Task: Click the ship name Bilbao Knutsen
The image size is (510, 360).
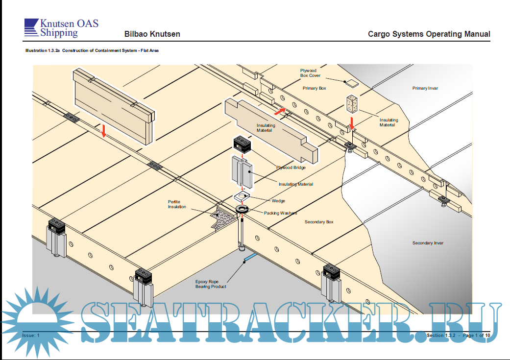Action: tap(152, 34)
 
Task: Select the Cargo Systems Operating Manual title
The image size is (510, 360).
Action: tap(429, 34)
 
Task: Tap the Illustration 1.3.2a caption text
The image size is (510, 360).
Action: tap(92, 51)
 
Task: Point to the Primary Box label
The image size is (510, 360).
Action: tap(314, 88)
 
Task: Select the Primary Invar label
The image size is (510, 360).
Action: tap(425, 88)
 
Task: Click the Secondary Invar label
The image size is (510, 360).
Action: tap(428, 243)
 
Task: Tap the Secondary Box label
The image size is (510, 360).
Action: tap(319, 222)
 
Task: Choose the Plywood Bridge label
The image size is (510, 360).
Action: tap(291, 168)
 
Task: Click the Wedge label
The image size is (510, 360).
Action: tap(278, 201)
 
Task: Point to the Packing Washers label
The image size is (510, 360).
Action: tap(280, 213)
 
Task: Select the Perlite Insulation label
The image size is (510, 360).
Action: tap(177, 204)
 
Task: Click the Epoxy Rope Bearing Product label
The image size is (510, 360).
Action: tap(211, 284)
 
